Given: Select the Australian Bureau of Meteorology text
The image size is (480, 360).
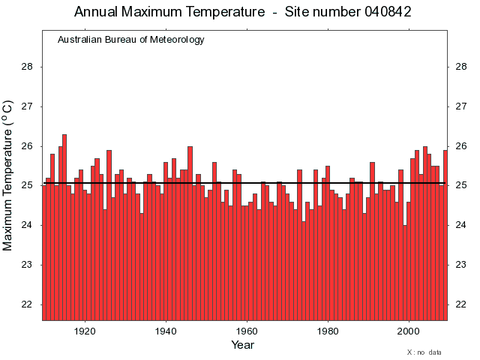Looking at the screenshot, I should pyautogui.click(x=130, y=40).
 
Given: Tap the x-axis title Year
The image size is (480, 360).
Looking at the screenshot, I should pyautogui.click(x=242, y=345).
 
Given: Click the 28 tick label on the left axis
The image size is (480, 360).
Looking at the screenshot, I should pyautogui.click(x=27, y=67).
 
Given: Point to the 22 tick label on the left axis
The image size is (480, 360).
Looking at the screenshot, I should pyautogui.click(x=27, y=304).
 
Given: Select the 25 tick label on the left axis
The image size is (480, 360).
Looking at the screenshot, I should pyautogui.click(x=27, y=185).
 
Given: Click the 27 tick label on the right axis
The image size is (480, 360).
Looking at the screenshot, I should pyautogui.click(x=463, y=106).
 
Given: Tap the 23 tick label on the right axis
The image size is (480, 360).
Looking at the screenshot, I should pyautogui.click(x=463, y=265).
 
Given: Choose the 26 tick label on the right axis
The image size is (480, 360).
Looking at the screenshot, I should pyautogui.click(x=463, y=146).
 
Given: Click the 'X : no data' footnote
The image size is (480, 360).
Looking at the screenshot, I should pyautogui.click(x=424, y=352).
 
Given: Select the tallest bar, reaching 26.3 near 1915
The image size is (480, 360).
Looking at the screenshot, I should pyautogui.click(x=64, y=225).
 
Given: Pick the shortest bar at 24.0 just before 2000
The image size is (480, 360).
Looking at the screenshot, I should pyautogui.click(x=404, y=270).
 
